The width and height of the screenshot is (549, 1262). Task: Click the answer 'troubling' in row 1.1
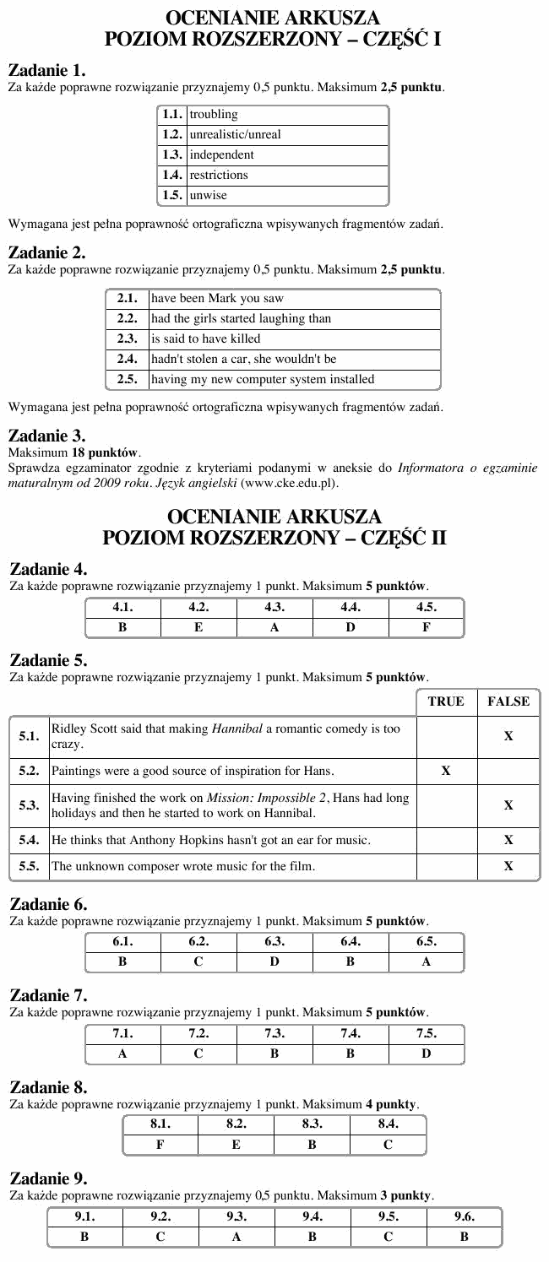point(214,114)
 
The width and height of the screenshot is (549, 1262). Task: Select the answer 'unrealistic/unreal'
point(236,135)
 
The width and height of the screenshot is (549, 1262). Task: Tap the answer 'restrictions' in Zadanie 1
point(219,176)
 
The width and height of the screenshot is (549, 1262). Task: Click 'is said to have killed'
point(206,339)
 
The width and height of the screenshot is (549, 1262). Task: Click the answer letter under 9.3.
point(236,1237)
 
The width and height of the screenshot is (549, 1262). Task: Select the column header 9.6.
point(464,1216)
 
